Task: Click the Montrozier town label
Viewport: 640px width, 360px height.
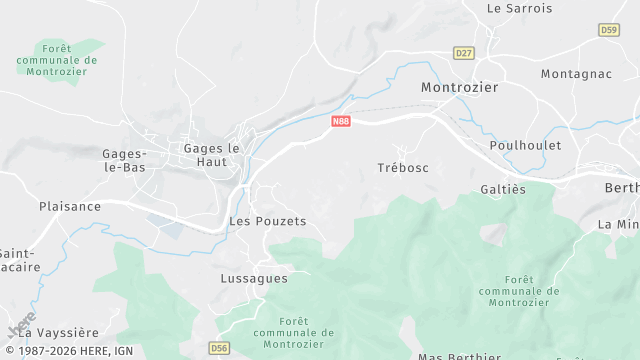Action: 459,87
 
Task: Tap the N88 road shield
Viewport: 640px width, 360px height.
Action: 341,121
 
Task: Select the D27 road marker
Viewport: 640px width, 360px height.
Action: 463,53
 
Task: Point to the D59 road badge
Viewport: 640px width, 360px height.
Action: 609,31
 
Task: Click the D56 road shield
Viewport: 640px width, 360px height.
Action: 220,348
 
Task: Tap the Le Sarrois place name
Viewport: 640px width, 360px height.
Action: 519,8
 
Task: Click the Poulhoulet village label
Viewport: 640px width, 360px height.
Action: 525,145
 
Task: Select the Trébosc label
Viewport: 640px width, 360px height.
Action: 403,167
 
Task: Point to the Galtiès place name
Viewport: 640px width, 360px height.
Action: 503,189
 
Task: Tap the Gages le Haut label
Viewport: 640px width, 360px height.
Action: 212,154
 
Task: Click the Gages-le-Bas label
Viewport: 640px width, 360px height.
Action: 124,160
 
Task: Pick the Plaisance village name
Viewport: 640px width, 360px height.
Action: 70,206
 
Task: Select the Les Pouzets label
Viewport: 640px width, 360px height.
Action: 267,220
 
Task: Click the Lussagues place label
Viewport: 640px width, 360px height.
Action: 254,279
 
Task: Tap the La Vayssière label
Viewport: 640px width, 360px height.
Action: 59,332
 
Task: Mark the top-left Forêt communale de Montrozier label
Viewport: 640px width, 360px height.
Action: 57,60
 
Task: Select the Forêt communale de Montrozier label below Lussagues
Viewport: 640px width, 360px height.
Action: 293,332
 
